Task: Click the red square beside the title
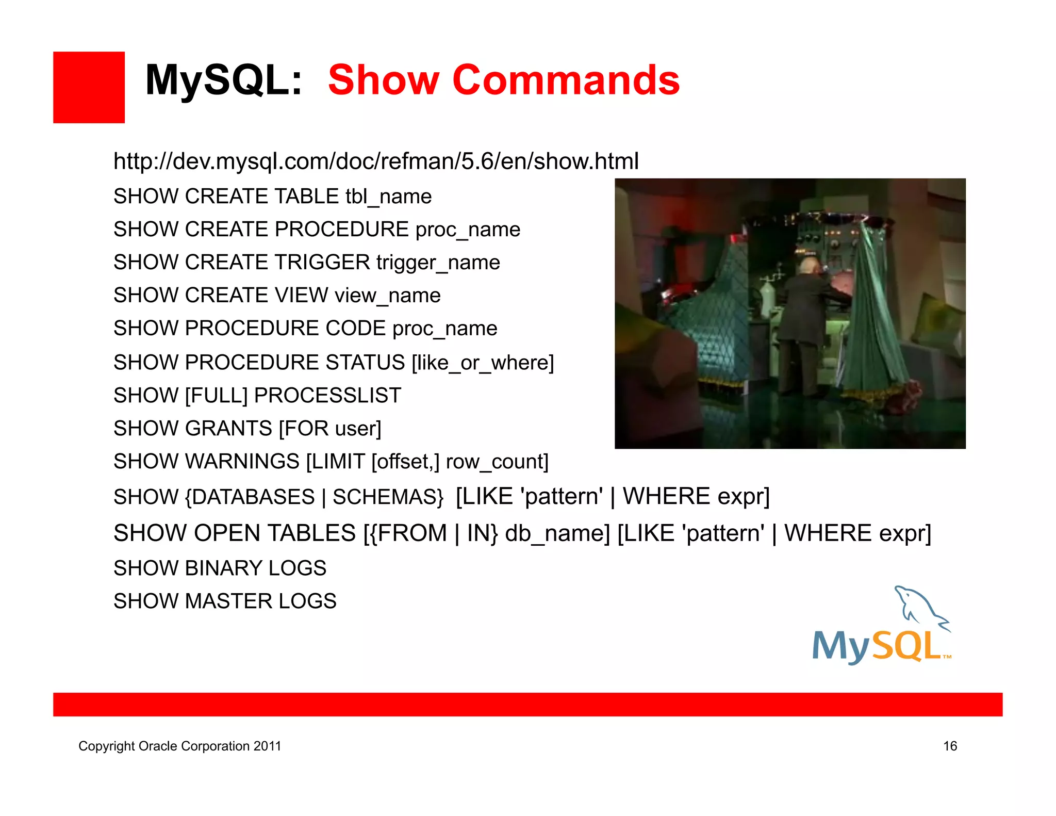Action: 89,87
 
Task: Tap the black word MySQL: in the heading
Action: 223,80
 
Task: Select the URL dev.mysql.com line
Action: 376,161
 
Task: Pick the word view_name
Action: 388,296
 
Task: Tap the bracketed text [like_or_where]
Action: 483,363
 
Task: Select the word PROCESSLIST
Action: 327,396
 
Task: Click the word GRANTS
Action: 228,429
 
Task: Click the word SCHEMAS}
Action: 388,497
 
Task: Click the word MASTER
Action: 228,601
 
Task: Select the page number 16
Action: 950,746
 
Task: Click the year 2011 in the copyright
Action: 267,746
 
